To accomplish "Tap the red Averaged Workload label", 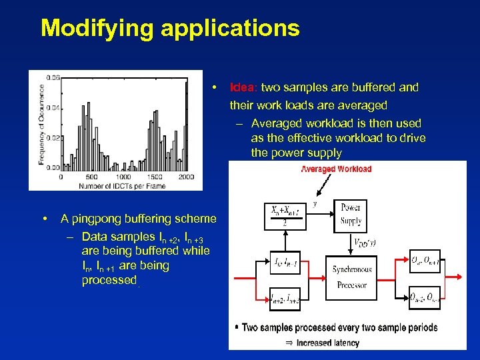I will click(336, 169).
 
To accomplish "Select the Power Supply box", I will click(351, 214).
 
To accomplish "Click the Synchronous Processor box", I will click(352, 277).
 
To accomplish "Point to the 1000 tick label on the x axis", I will click(123, 177).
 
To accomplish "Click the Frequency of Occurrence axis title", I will click(42, 124).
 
